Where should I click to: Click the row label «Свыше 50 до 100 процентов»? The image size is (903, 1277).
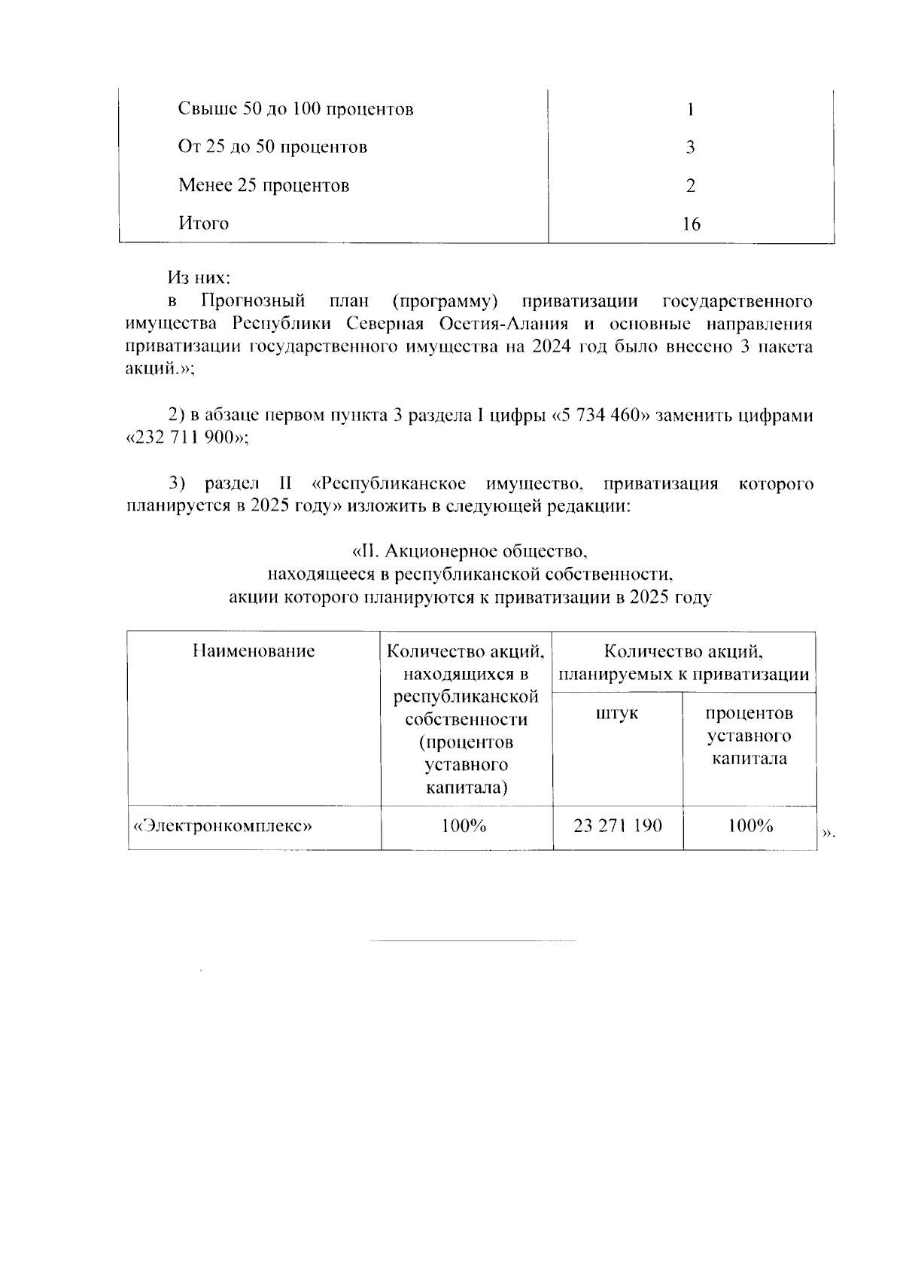tap(296, 110)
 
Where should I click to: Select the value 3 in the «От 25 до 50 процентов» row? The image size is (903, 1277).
tap(690, 148)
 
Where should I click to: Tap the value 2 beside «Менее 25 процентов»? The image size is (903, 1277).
tap(690, 186)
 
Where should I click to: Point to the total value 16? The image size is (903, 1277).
tap(690, 224)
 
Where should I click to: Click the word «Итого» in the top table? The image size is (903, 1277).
tap(203, 224)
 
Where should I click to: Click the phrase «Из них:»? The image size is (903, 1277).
tap(199, 279)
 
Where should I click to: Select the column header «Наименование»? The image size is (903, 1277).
tap(254, 651)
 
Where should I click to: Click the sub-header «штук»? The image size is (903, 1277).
tap(617, 713)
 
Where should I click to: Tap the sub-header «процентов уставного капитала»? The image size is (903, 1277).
tap(749, 736)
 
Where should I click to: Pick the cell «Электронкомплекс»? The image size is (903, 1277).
tap(223, 827)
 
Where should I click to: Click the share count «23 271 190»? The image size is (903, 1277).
tap(618, 827)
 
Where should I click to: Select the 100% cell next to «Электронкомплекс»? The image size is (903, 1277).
tap(464, 827)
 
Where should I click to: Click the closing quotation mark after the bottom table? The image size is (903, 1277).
tap(828, 834)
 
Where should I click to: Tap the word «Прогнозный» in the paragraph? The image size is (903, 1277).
tap(253, 302)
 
